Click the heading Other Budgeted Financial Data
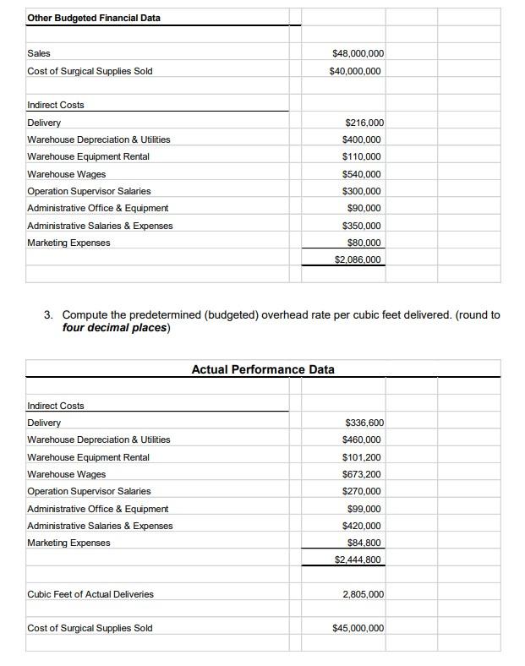pos(94,18)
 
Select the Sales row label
pos(39,53)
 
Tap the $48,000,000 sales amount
pos(358,53)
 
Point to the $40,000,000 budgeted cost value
pos(355,71)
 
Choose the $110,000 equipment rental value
pos(362,156)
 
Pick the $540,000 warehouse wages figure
pos(362,174)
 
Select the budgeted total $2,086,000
pos(358,259)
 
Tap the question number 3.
pos(49,315)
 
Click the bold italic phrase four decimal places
pos(116,328)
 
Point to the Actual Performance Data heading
pos(263,369)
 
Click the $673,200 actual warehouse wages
pos(362,474)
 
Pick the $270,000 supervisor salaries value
pos(362,491)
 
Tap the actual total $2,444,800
pos(358,560)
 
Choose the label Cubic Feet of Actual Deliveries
pos(90,594)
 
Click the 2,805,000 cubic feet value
pos(364,594)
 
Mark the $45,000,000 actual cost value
pos(358,628)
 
